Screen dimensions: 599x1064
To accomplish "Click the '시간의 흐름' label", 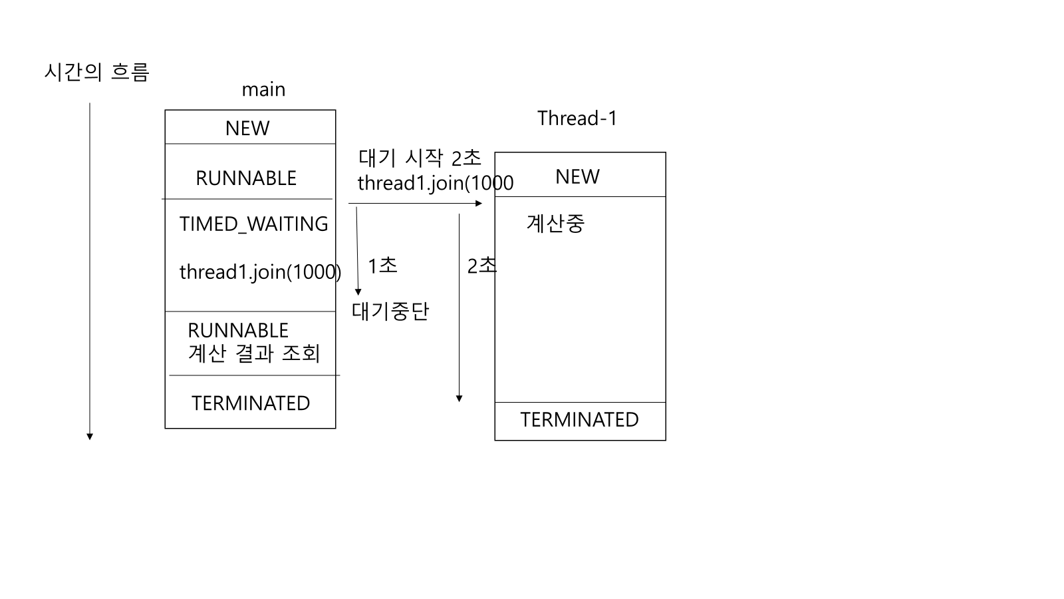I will tap(96, 72).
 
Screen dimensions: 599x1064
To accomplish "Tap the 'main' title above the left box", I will tap(263, 90).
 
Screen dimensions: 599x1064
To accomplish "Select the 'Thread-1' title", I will tap(577, 118).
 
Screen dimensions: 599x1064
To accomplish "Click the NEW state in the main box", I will tap(247, 128).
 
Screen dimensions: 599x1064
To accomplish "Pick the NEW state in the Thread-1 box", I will tap(577, 176).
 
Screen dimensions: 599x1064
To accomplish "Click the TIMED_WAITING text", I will tap(253, 224).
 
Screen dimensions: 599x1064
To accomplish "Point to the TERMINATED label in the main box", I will tap(251, 403).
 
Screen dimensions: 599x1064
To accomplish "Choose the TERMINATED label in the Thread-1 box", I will tap(579, 420).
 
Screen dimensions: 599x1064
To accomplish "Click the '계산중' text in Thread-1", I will tap(555, 224).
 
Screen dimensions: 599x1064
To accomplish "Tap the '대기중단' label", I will tap(390, 311).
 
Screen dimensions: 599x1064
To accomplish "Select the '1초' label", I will tap(382, 266).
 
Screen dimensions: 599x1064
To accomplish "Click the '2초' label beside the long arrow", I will tap(481, 266).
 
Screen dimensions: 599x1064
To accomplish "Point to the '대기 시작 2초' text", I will tap(420, 158).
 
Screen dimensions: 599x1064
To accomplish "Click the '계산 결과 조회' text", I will tap(254, 353).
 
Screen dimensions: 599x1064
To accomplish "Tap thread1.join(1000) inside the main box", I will tap(260, 272).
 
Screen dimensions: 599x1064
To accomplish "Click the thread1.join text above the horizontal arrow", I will tap(435, 183).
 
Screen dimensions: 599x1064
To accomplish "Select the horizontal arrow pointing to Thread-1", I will tap(415, 203).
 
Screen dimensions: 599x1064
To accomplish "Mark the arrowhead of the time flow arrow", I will tap(90, 437).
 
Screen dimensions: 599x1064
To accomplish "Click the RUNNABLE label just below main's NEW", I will tap(246, 178).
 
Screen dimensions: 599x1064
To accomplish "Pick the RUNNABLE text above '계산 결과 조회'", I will tap(238, 331).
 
